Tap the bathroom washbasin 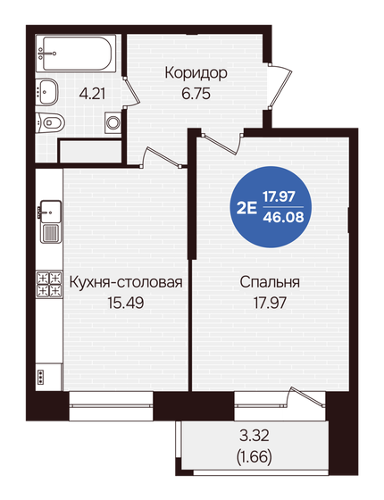pos(47,90)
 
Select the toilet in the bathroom pos(52,122)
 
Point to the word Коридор pos(196,73)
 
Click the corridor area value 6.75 pos(196,91)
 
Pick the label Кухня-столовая pos(126,283)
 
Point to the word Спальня pos(269,283)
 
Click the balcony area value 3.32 pos(255,438)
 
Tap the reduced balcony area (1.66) pos(255,457)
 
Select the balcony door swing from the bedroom pos(307,400)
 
